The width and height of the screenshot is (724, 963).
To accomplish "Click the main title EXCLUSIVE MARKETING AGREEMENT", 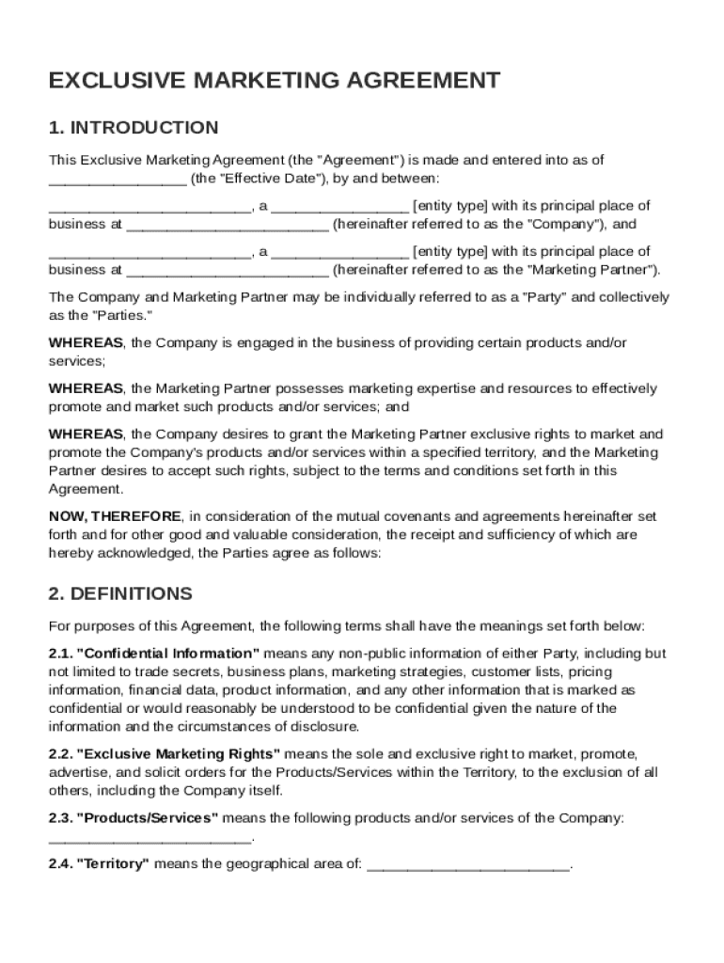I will (274, 81).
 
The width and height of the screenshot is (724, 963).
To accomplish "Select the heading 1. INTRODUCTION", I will (134, 128).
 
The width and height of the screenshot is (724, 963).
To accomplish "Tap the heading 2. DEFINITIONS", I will (120, 594).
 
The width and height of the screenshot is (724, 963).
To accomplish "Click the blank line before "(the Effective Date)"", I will (117, 179).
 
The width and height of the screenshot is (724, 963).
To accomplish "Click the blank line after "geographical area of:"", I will (467, 865).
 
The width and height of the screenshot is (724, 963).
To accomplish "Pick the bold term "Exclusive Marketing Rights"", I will (178, 754).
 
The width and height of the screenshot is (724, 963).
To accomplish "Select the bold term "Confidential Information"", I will (167, 654).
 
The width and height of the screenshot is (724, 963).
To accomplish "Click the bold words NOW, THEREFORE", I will (115, 516).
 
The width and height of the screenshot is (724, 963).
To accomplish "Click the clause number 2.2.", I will (60, 754).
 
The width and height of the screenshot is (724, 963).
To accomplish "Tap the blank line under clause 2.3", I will (150, 837).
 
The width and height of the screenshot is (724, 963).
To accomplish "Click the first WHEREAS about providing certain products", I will (86, 343).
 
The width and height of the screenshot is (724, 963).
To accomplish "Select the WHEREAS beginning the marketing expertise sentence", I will (86, 388).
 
